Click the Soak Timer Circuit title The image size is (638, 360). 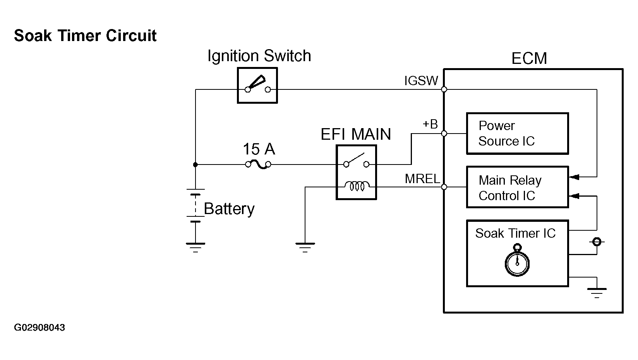point(85,36)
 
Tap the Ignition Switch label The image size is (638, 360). point(259,56)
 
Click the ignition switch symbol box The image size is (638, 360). point(257,86)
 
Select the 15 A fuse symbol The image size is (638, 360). point(258,165)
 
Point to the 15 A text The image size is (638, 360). point(259,149)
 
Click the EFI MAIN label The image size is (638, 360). point(356,134)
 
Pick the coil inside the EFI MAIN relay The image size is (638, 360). point(357,186)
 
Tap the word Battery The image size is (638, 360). point(229,209)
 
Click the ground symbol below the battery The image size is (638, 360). point(196,247)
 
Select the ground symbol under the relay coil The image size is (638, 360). point(305,247)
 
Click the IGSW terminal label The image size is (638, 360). point(421,81)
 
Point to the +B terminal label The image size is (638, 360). point(430,124)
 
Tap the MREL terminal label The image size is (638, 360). point(422,179)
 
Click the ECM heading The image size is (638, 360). point(529,58)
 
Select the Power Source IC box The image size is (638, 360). point(517,134)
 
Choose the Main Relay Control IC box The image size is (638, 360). point(517,187)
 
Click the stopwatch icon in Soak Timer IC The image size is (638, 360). point(517,260)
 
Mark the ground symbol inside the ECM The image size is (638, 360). point(597,293)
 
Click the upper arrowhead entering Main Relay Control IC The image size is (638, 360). point(574,177)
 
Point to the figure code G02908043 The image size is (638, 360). point(39,327)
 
